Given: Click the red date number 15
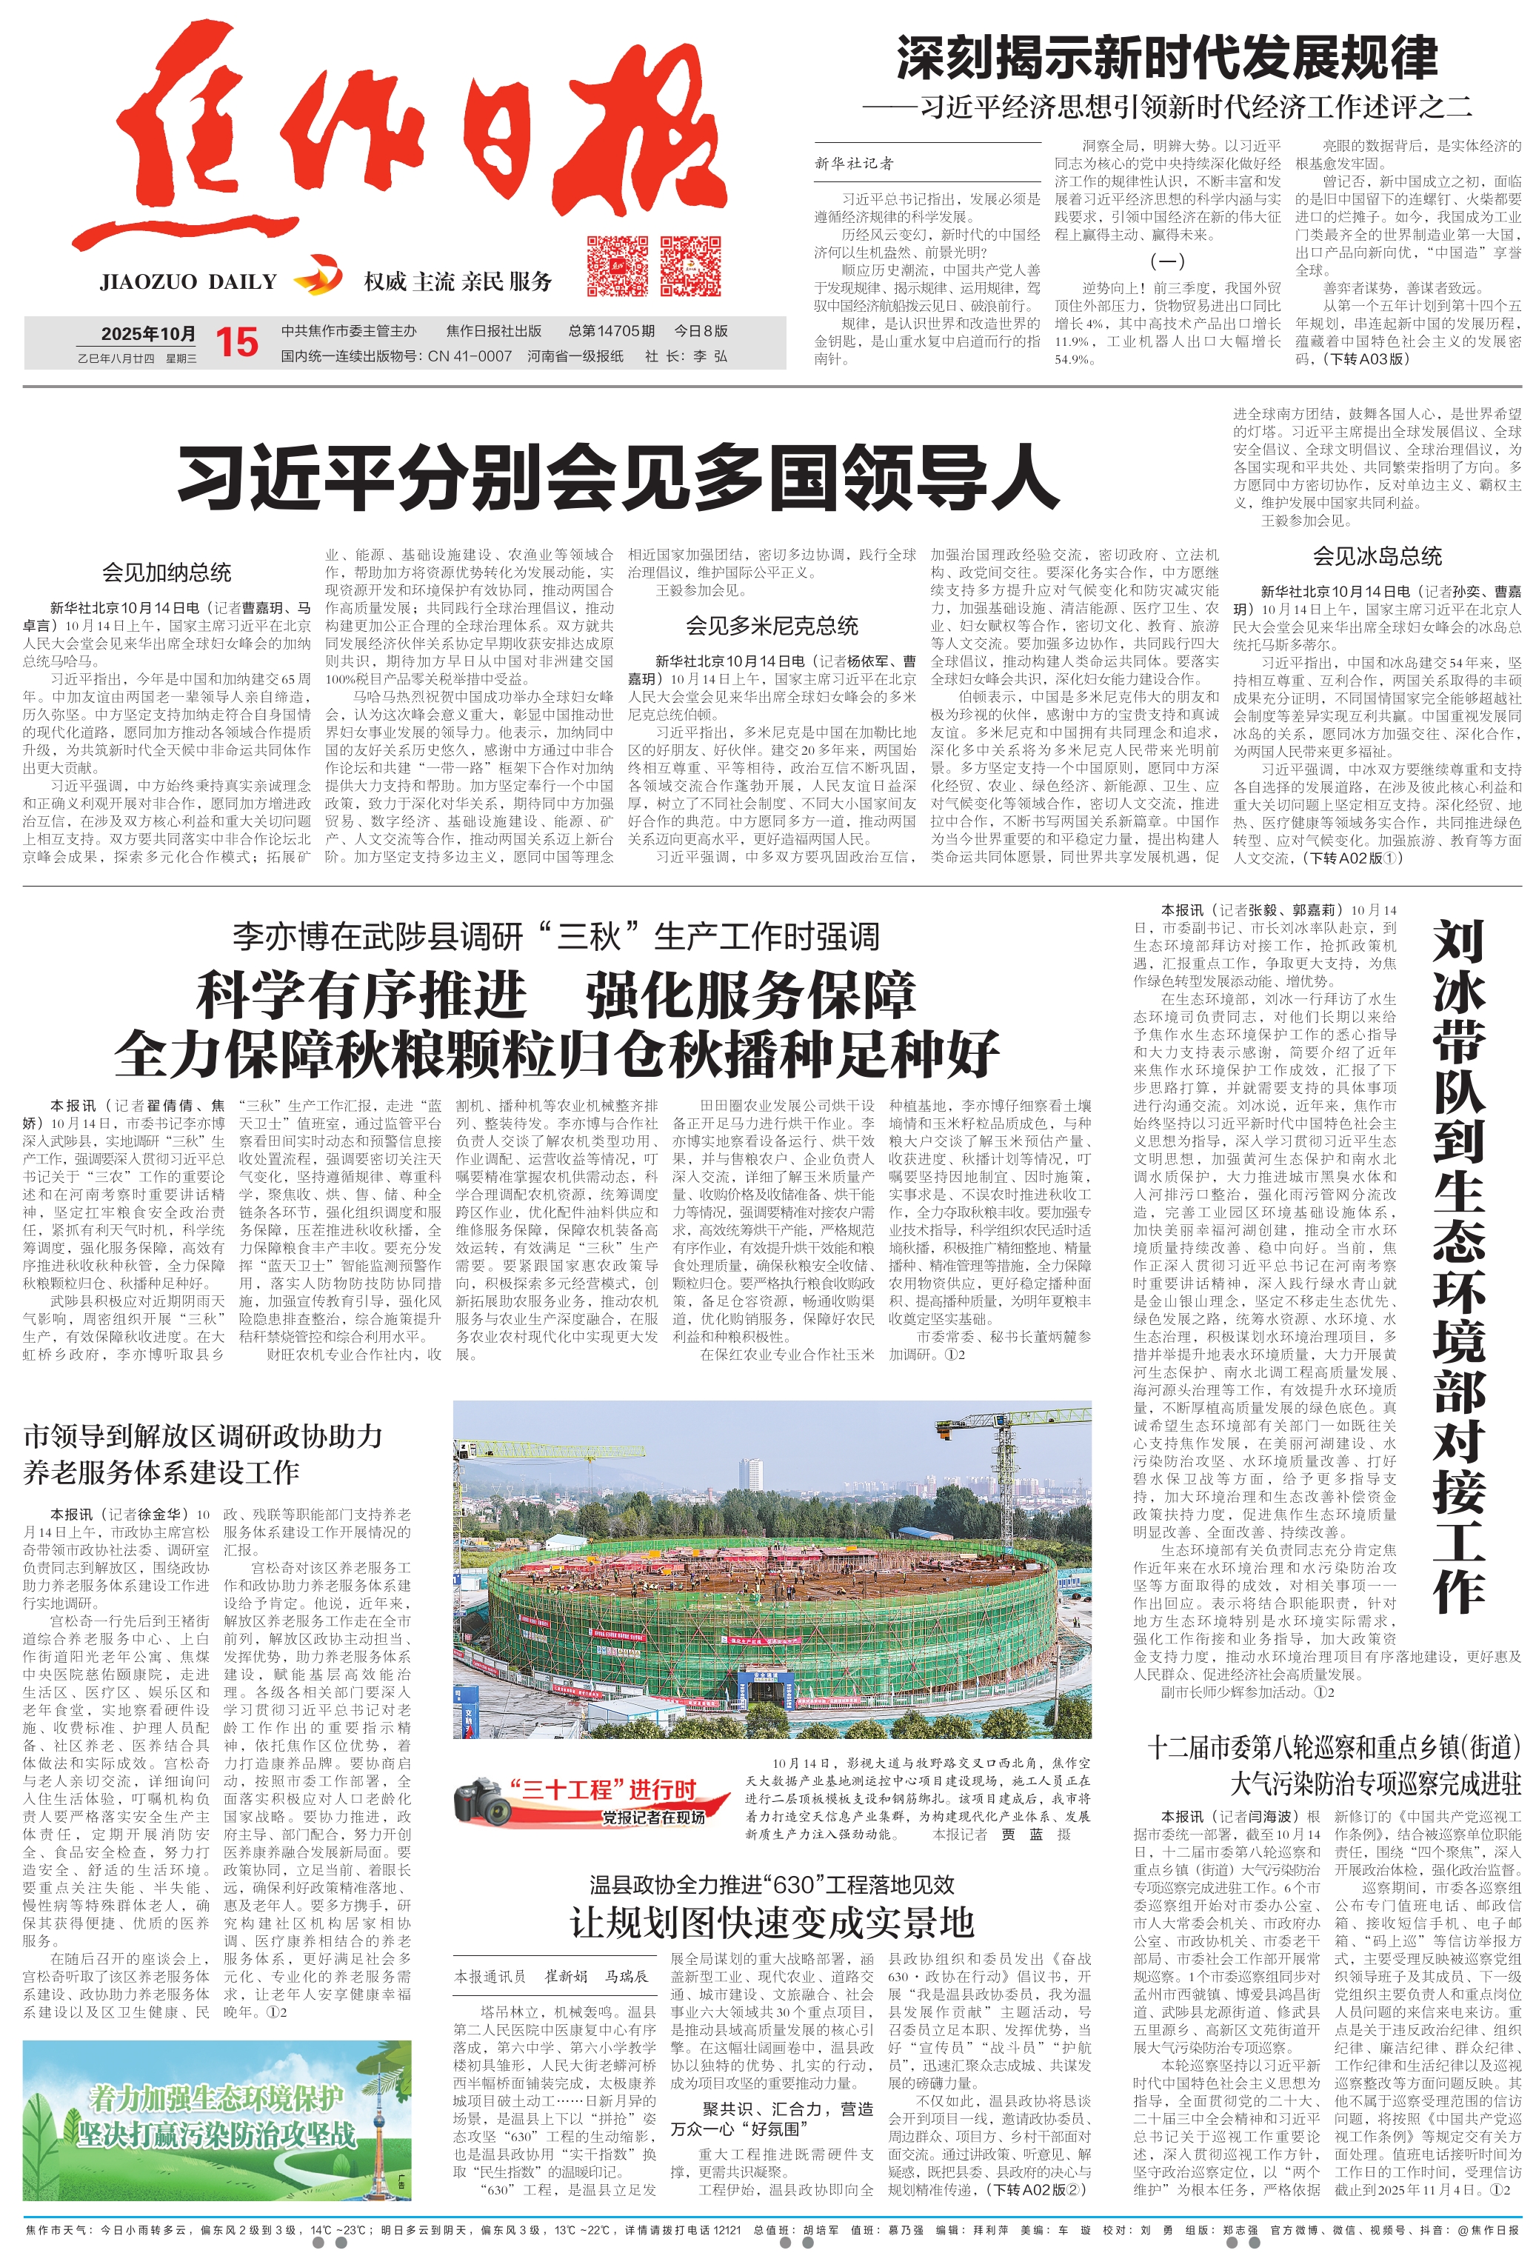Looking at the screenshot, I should tap(236, 342).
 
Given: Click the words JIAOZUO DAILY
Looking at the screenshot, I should tap(188, 282).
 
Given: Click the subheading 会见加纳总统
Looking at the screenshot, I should tap(167, 572).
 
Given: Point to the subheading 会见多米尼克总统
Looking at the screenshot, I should tap(772, 625).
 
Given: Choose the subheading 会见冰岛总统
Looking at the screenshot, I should tap(1377, 555).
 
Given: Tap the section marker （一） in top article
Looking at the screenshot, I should tap(1166, 261).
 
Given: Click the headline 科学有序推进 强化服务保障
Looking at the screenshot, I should tap(557, 995).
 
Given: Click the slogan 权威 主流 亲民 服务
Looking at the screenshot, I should tap(458, 282).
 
